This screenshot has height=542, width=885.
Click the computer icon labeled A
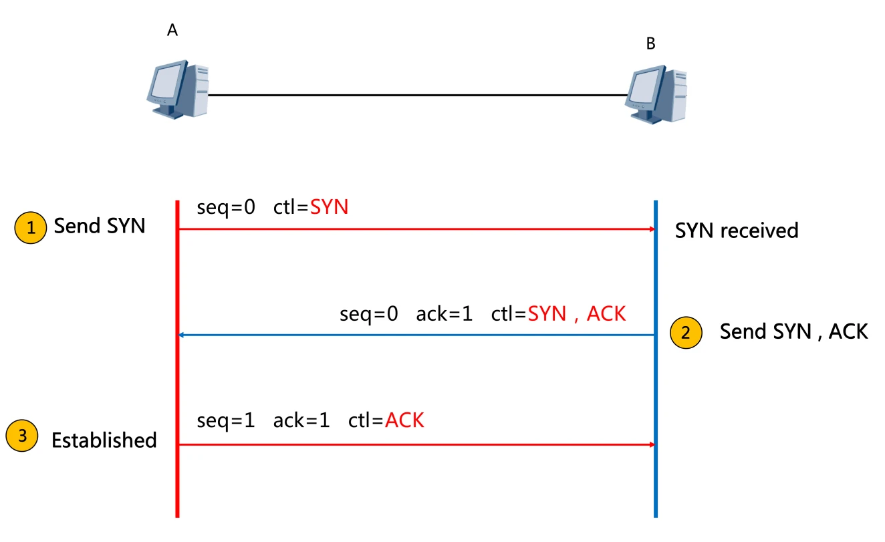(x=177, y=90)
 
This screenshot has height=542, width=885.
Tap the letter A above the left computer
(x=172, y=31)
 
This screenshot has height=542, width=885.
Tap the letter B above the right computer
(x=650, y=44)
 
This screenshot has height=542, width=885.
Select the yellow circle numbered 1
(x=30, y=228)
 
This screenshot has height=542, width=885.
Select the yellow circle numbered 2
(x=686, y=333)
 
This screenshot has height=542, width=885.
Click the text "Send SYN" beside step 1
(x=100, y=226)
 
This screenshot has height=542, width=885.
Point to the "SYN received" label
(x=737, y=231)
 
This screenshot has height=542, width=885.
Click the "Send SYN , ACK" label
(x=793, y=331)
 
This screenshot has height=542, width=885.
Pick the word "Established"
(x=104, y=440)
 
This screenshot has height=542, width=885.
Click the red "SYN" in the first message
(x=329, y=207)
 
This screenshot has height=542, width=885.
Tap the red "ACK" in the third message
(x=404, y=420)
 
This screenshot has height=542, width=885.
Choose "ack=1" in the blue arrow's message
(x=444, y=313)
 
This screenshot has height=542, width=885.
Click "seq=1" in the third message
(x=226, y=420)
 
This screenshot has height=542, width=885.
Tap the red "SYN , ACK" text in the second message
(x=577, y=313)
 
